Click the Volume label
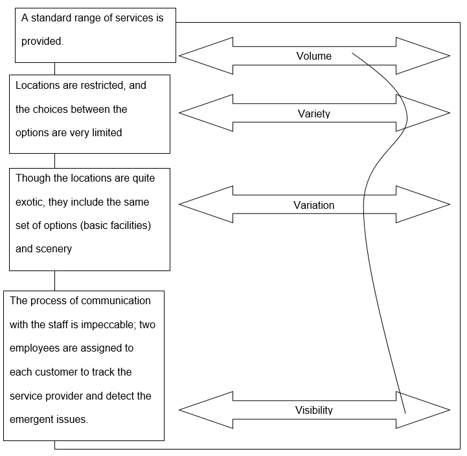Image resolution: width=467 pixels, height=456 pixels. [313, 56]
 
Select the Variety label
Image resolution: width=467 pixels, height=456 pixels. [313, 114]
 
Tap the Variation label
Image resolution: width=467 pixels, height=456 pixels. [313, 206]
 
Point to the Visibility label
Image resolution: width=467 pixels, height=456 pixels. [313, 410]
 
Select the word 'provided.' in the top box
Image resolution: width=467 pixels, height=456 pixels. [42, 41]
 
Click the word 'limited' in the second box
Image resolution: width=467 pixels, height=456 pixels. [106, 133]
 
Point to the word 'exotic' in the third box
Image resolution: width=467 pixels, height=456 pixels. [31, 202]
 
